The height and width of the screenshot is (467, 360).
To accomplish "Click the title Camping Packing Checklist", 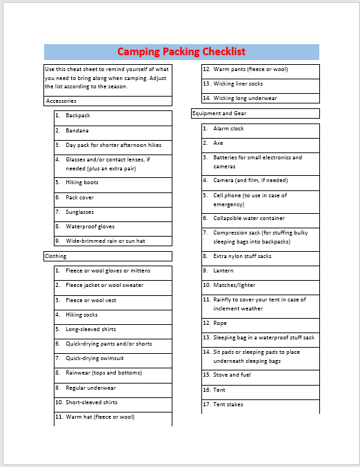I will pyautogui.click(x=181, y=52).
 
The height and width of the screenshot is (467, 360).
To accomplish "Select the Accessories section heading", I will pyautogui.click(x=61, y=101).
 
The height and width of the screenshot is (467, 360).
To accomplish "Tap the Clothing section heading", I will pyautogui.click(x=56, y=256).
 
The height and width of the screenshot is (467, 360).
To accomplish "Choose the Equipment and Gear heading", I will pyautogui.click(x=220, y=113).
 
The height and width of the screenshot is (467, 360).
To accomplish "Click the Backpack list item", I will pyautogui.click(x=78, y=116).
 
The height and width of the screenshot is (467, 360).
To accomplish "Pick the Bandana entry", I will pyautogui.click(x=77, y=130).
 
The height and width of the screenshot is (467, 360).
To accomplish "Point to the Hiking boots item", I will pyautogui.click(x=82, y=183).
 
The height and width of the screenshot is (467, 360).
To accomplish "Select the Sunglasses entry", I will pyautogui.click(x=80, y=212).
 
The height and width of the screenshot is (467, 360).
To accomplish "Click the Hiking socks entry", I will pyautogui.click(x=81, y=315).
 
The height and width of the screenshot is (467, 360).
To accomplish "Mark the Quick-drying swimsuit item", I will pyautogui.click(x=94, y=358).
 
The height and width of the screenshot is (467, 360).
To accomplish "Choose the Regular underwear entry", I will pyautogui.click(x=90, y=388).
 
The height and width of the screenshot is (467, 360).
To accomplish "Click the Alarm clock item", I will pyautogui.click(x=228, y=128).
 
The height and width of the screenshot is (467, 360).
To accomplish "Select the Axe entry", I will pyautogui.click(x=218, y=143).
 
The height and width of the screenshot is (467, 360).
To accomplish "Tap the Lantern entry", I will pyautogui.click(x=223, y=270).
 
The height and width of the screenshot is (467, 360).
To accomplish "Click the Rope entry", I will pyautogui.click(x=220, y=323).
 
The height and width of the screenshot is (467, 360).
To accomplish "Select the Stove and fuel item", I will pyautogui.click(x=232, y=375).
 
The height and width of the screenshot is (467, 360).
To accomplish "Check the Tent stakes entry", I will pyautogui.click(x=228, y=404).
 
